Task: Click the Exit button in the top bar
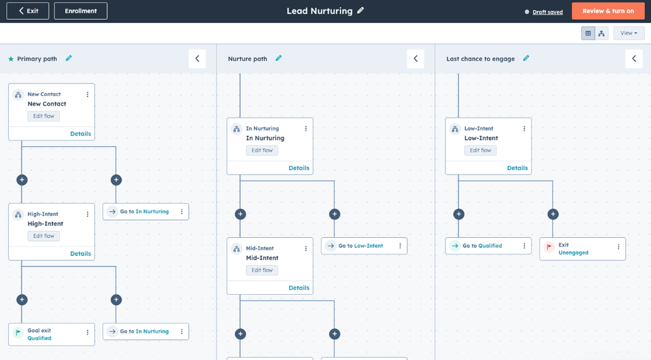[28, 11]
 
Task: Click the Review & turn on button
[608, 11]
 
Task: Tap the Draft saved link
[548, 12]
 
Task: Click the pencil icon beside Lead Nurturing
[361, 10]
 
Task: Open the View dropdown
[629, 34]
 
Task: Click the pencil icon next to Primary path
[68, 59]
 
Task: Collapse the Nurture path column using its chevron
[416, 59]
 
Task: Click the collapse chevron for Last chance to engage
[634, 59]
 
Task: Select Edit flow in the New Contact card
[44, 116]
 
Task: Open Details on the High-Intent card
[80, 254]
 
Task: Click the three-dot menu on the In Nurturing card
[306, 128]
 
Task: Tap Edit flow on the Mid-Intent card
[262, 270]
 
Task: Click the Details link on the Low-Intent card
[518, 168]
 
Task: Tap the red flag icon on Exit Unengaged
[549, 247]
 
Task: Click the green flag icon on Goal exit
[18, 333]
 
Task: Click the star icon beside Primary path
[11, 59]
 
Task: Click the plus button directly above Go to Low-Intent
[335, 214]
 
